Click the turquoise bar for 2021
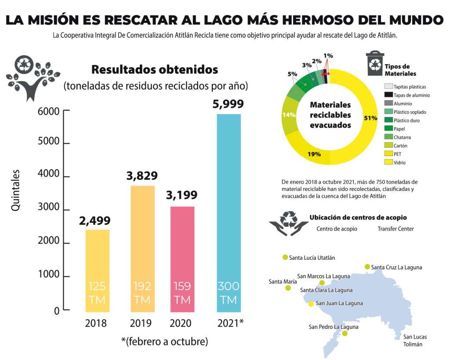tap(229, 211)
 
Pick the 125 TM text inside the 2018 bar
tap(97, 293)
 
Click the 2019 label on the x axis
tap(141, 324)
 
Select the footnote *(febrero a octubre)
tap(164, 341)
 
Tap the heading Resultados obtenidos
tap(154, 69)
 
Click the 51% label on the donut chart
tap(370, 118)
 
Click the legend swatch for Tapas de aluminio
tap(388, 95)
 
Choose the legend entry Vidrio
tap(399, 163)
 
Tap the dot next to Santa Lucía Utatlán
tap(285, 258)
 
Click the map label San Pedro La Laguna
tap(334, 327)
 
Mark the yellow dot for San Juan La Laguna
tap(311, 304)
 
